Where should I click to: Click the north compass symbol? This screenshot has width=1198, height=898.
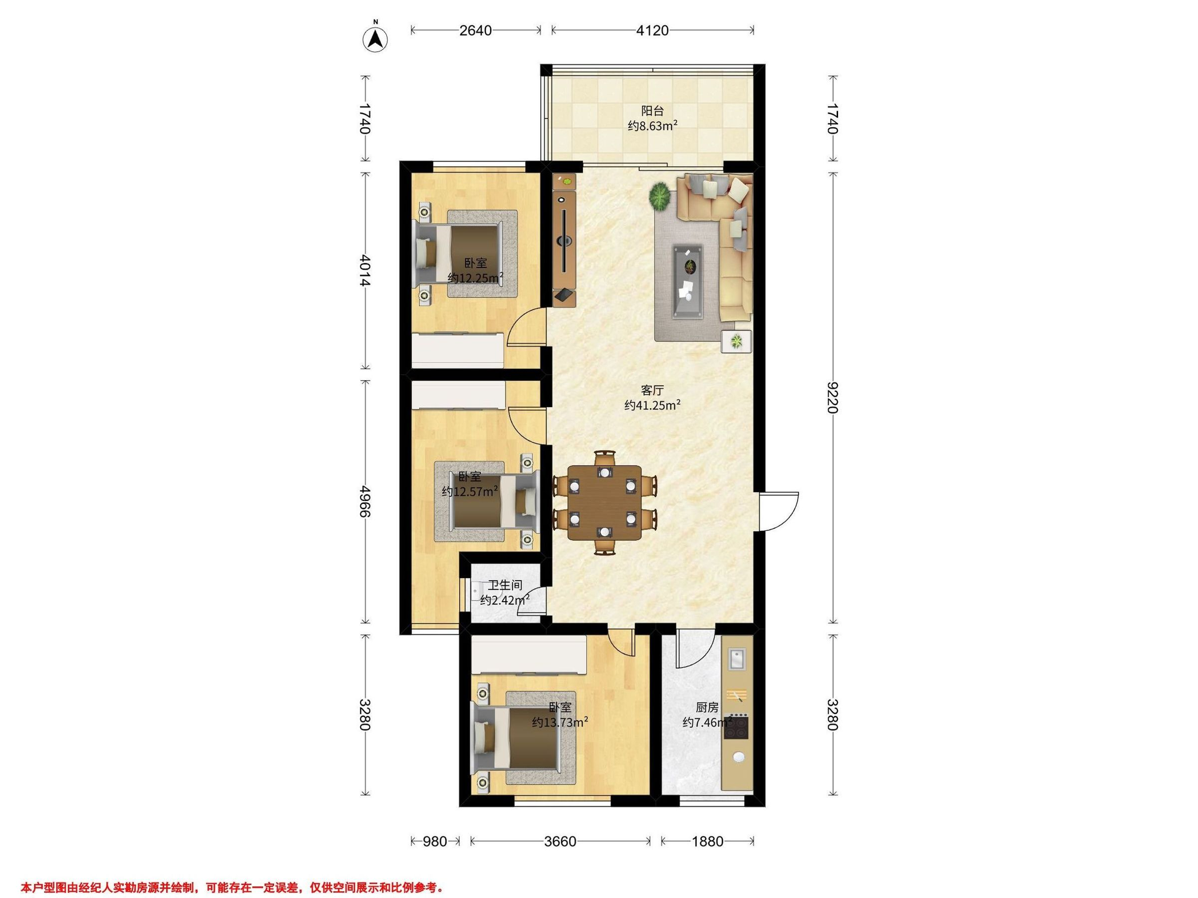pos(375,38)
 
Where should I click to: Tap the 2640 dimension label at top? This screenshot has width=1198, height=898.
pos(475,30)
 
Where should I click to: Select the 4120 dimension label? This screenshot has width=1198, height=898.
pos(652,30)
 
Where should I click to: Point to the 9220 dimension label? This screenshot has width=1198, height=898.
pos(832,397)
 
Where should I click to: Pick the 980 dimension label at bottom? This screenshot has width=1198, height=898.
pos(435,841)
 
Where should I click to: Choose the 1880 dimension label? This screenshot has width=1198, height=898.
pos(707,841)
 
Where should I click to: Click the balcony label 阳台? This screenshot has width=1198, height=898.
pos(652,111)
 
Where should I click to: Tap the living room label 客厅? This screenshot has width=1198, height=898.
pos(652,390)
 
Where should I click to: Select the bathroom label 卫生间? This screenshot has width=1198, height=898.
pos(505,585)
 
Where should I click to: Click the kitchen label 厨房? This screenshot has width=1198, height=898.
pos(707,707)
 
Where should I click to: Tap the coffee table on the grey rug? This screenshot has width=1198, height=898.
pos(688,281)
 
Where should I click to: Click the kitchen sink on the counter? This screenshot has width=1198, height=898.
pos(737,660)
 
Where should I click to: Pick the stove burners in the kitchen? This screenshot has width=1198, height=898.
pos(737,727)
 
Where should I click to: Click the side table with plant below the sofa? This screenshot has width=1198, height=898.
pos(737,341)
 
